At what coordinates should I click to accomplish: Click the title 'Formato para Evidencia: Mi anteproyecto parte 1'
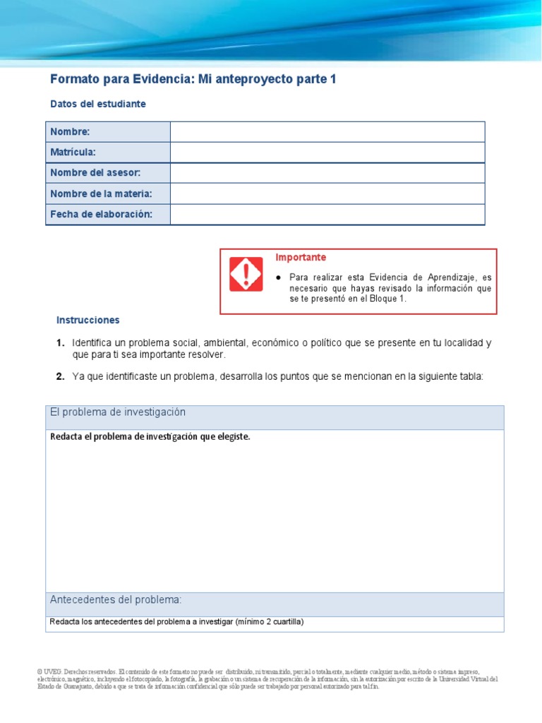[193, 80]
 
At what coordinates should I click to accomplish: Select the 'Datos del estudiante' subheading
[98, 104]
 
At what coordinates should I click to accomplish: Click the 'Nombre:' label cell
[107, 132]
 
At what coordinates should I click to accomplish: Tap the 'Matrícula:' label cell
[107, 153]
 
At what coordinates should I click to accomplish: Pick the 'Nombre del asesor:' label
[107, 173]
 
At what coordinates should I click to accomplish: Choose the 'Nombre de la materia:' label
[107, 193]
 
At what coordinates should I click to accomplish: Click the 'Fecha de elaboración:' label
[107, 214]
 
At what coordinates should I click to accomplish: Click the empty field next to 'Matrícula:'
[327, 153]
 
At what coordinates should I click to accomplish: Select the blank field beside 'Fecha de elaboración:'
[327, 214]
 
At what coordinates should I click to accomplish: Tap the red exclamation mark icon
[246, 274]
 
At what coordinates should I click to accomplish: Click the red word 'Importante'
[301, 258]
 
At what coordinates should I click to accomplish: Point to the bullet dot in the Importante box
[279, 277]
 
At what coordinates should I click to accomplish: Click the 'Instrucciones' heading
[88, 320]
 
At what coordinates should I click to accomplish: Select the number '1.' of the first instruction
[61, 343]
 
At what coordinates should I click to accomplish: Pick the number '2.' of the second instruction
[61, 376]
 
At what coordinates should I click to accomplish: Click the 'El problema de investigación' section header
[118, 412]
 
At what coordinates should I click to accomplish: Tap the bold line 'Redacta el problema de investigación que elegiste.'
[150, 436]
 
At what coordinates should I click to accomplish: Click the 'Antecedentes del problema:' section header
[116, 600]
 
